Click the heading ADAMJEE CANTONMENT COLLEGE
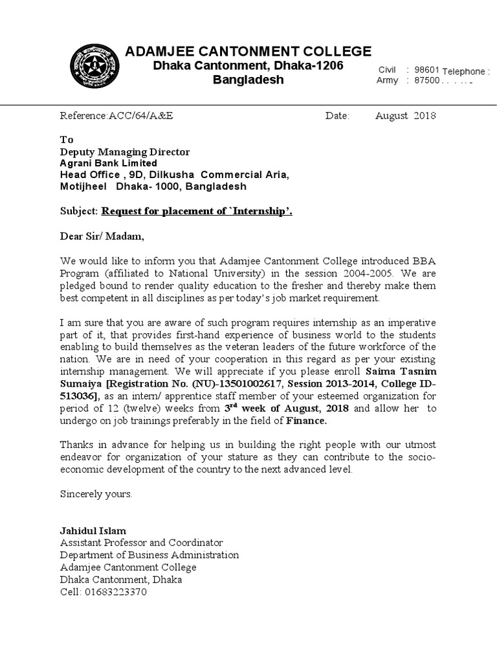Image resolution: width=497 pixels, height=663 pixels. (248, 52)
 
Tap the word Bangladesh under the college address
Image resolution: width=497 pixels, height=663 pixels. (248, 80)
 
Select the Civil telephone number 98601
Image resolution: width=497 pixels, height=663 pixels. (427, 69)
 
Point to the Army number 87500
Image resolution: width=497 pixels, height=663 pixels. (427, 81)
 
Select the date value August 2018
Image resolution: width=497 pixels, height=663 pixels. (406, 116)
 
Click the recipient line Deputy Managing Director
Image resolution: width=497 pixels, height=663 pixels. (125, 152)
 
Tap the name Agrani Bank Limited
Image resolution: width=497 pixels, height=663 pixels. (108, 163)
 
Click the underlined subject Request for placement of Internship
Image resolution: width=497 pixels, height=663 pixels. (197, 211)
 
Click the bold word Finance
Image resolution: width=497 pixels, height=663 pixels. (306, 421)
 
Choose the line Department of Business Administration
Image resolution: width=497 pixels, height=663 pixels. (149, 555)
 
